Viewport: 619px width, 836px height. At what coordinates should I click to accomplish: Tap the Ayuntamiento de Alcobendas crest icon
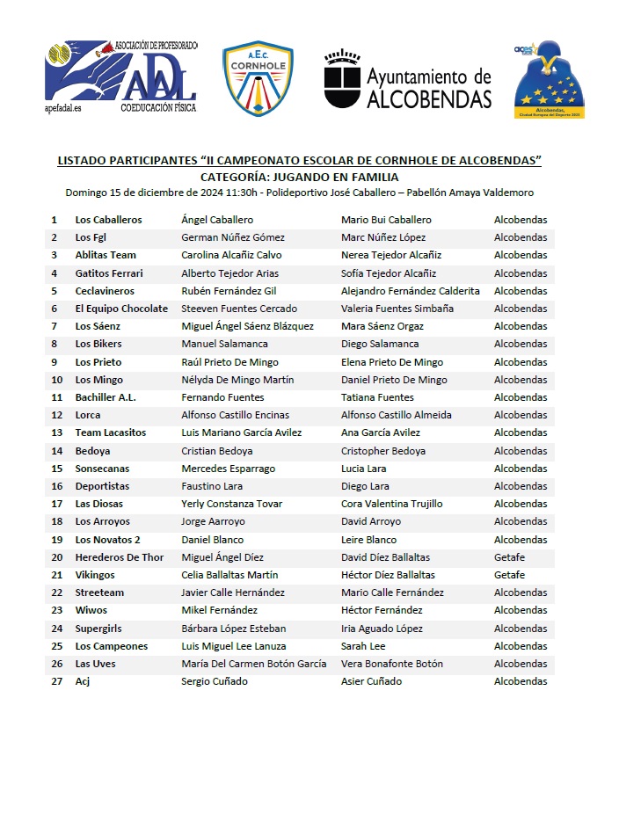[x=342, y=80]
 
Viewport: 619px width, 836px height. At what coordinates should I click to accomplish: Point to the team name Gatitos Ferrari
[x=108, y=273]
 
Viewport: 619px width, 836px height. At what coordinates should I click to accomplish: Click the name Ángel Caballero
[x=216, y=220]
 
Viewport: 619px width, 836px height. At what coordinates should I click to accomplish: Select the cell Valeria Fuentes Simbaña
[x=397, y=309]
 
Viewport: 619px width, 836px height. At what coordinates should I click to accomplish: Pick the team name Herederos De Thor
[x=119, y=557]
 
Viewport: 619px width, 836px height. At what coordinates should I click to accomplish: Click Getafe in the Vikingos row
[x=509, y=575]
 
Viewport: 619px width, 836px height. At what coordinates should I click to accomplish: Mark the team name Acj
[x=83, y=681]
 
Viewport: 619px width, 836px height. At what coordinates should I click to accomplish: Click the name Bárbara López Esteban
[x=233, y=629]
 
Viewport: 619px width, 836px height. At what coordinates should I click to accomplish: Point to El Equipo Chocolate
[x=120, y=309]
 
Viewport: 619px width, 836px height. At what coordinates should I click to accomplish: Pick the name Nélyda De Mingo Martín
[x=237, y=380]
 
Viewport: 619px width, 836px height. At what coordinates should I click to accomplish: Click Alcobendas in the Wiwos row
[x=520, y=610]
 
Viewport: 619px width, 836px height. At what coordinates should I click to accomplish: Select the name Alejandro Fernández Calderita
[x=410, y=291]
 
